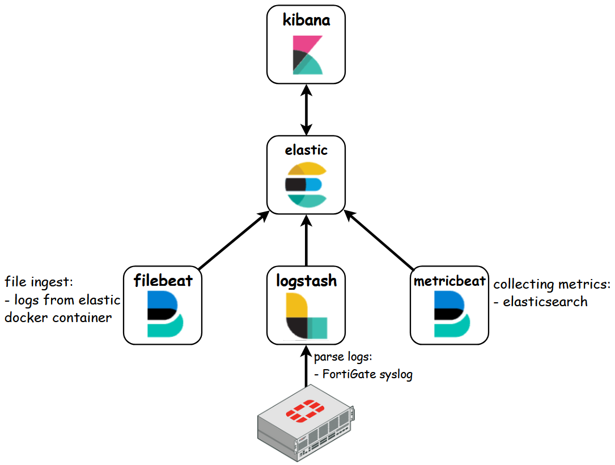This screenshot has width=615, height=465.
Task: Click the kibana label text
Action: coord(306,20)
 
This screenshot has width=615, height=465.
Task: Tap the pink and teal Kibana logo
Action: coord(307,55)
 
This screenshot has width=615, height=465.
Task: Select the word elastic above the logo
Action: coord(306,150)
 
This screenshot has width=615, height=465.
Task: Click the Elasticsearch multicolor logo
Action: coord(306,184)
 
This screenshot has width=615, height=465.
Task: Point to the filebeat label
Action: coord(163,280)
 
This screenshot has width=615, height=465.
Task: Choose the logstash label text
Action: coord(306,280)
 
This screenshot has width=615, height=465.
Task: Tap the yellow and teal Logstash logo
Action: coord(306,315)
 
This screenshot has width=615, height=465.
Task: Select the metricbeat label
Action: coord(449,280)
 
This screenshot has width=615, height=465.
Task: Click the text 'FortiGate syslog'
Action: coord(367,374)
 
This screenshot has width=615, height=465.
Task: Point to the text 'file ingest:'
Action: coord(40,282)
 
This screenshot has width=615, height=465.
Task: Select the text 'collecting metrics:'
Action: coord(552,284)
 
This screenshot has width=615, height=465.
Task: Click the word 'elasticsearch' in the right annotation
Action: coord(545,302)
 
